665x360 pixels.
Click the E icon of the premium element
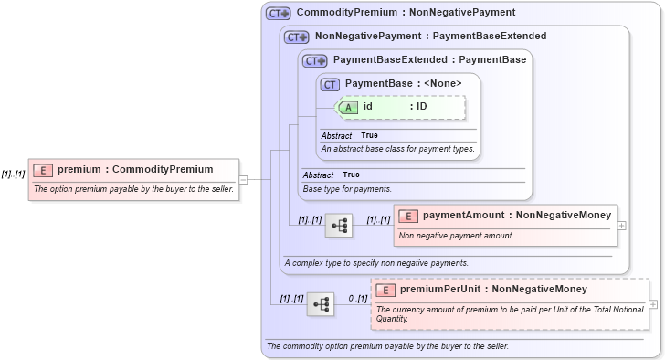[43, 170]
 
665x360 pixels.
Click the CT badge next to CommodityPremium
[278, 14]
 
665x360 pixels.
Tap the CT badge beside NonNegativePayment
[297, 37]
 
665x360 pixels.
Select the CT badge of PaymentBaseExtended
[315, 61]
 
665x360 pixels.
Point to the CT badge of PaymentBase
[331, 84]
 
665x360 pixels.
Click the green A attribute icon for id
[349, 107]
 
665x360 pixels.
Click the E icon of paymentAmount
[409, 216]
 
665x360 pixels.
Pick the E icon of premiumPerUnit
[386, 291]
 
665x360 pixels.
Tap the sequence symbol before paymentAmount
[339, 225]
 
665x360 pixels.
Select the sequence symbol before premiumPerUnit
[321, 303]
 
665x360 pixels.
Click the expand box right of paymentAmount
[622, 225]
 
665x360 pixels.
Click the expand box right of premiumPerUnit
[653, 303]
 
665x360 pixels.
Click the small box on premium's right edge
[243, 179]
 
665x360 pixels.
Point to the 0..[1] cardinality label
[357, 298]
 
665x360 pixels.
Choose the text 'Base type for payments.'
[347, 189]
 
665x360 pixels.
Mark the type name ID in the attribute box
[422, 106]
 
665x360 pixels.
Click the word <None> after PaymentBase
[443, 84]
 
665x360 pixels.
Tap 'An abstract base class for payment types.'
[398, 148]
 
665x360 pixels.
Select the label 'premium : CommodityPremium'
[135, 169]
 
